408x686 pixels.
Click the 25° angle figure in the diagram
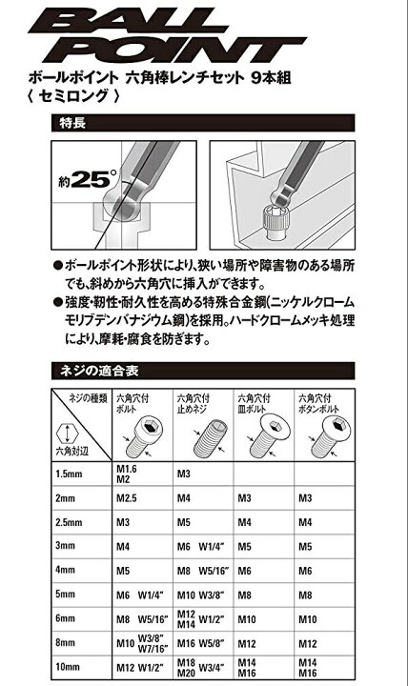[x=86, y=177]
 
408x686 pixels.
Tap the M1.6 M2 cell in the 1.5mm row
[x=128, y=474]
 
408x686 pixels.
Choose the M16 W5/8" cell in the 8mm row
[x=199, y=644]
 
